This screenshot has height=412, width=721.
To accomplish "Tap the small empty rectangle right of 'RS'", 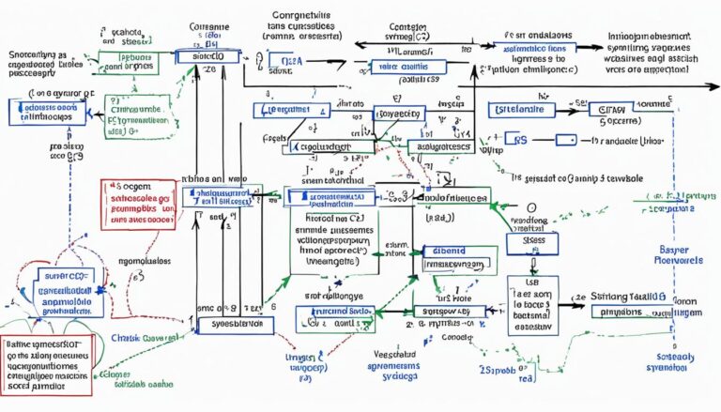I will coord(564,139).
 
